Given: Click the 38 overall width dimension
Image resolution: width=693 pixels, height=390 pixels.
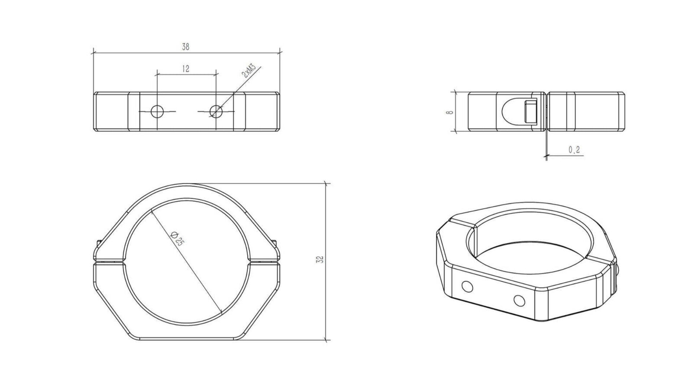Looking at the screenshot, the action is [186, 47].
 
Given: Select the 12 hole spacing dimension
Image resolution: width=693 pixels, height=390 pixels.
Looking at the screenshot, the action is [186, 69].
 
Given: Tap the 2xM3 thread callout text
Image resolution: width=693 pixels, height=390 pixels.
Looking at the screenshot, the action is [249, 70].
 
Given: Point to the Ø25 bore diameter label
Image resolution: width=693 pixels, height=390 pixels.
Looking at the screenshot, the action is [177, 238].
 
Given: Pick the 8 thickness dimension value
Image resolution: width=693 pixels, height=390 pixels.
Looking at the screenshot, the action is [449, 112].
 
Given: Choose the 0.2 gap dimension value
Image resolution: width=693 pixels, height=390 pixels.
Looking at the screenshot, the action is [574, 150].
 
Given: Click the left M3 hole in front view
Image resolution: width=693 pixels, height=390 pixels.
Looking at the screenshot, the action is [157, 111].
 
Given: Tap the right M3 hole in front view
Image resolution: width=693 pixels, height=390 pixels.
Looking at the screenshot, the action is [216, 111].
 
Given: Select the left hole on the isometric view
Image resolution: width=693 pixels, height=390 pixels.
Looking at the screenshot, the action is [467, 287].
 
